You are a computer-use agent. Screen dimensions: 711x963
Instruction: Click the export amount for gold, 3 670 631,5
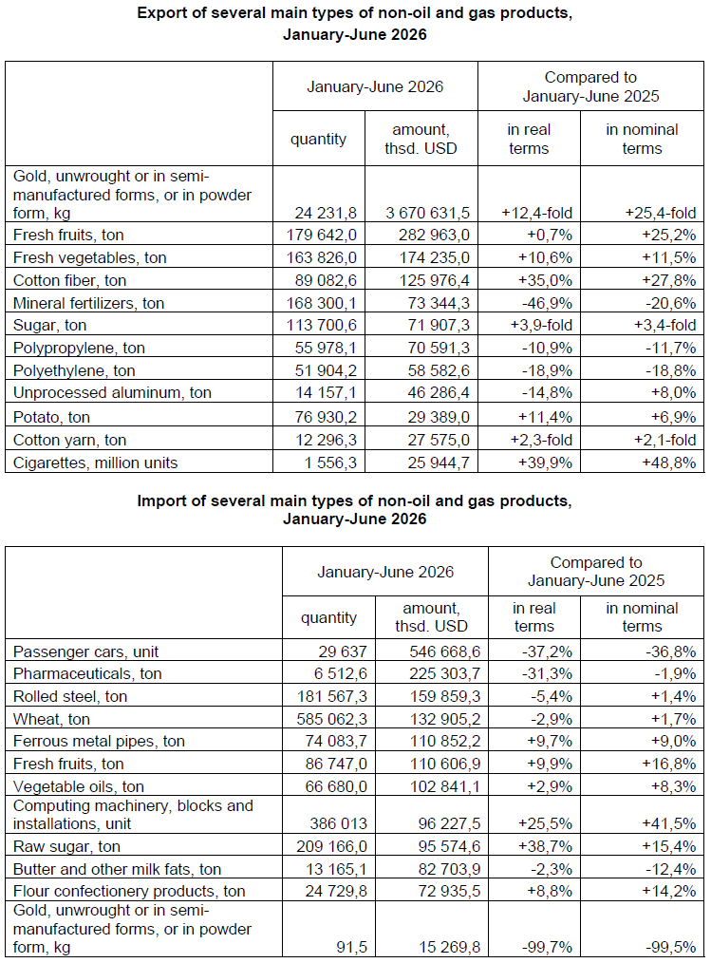click(427, 213)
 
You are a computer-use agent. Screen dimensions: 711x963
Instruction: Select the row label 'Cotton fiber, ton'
click(69, 281)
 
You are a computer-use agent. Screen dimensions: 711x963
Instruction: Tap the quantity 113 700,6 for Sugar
click(322, 326)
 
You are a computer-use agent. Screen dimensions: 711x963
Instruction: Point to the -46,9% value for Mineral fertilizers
click(547, 303)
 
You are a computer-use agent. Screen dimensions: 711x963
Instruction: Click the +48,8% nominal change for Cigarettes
click(668, 463)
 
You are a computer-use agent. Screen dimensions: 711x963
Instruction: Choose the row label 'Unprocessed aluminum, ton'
click(112, 393)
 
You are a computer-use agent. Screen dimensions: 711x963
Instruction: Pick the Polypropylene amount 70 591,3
click(439, 349)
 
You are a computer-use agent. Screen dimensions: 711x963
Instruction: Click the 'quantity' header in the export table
click(318, 140)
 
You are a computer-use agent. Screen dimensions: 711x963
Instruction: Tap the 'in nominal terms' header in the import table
click(642, 617)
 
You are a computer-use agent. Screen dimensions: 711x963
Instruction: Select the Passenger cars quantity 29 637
click(343, 651)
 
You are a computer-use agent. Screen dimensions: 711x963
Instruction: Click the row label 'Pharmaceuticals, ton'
click(87, 674)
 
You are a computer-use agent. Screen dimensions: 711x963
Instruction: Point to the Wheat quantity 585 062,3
click(331, 719)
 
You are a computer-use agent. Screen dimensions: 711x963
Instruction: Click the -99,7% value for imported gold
click(547, 948)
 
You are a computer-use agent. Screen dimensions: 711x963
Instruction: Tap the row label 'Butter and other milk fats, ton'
click(117, 870)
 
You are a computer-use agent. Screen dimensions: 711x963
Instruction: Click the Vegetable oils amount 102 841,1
click(445, 786)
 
